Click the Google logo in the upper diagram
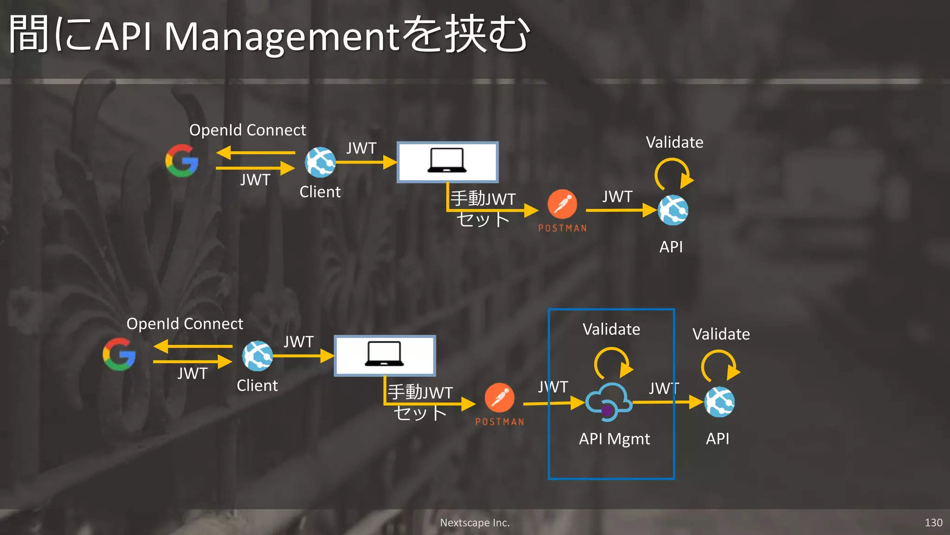point(182,161)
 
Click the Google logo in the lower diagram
point(119,354)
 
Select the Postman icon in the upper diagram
point(562,204)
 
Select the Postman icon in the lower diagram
point(500,398)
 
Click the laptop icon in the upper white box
point(447,161)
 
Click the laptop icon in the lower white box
point(384,354)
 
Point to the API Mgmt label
point(614,439)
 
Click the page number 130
point(933,523)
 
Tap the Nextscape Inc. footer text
point(475,523)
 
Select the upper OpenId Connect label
point(248,130)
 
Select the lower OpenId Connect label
point(185,324)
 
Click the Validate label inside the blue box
point(611,329)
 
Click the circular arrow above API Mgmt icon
point(612,363)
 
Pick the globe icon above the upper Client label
point(320,162)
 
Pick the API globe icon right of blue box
point(719,402)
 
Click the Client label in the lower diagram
point(257,385)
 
